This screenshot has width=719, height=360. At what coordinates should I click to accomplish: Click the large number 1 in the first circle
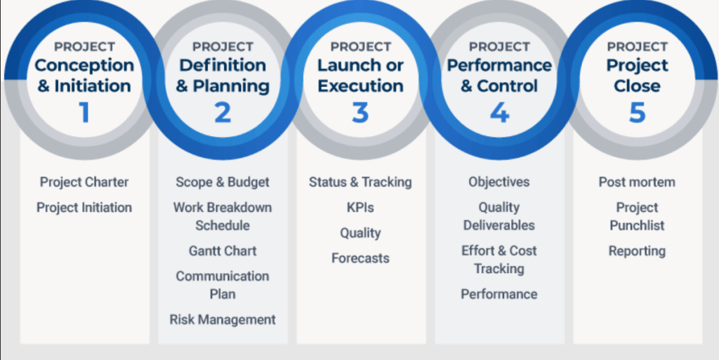pos(84,113)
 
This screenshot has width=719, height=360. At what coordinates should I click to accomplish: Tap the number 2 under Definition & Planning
pos(223,113)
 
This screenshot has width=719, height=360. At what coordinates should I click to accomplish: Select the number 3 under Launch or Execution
pos(360,113)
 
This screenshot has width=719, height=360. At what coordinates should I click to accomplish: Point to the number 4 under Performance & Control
pos(499,113)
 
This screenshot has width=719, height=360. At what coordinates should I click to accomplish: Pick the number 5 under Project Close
pos(638,113)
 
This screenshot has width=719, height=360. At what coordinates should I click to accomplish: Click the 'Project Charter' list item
pos(84,182)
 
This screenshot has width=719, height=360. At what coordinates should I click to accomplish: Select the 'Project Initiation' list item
pos(84,208)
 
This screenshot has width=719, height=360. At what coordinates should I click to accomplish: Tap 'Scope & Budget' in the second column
pos(223,182)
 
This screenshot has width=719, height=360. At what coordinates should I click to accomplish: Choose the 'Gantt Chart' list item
pos(223,251)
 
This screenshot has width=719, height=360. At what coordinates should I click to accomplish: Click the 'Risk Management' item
pos(223,320)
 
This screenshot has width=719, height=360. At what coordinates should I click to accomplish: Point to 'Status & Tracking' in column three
pos(360,182)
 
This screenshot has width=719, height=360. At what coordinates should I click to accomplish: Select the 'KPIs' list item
pos(360,208)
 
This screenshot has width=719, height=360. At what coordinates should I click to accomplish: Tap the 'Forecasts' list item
pos(360,258)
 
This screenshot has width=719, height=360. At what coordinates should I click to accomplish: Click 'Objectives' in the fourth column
pos(499,182)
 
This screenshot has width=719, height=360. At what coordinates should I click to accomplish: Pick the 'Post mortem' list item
pos(637,182)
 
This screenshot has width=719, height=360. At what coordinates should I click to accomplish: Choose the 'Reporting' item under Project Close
pos(637,251)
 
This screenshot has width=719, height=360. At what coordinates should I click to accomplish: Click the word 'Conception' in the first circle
pos(84,65)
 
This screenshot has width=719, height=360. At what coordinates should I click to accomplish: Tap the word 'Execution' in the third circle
pos(360,86)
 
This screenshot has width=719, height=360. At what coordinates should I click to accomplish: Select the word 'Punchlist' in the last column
pos(637,225)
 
